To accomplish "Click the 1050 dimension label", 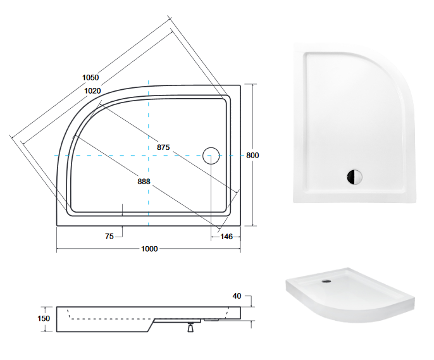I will (90, 77).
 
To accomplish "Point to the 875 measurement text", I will (163, 147).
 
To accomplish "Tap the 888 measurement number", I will (144, 181).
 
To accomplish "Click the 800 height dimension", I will (253, 155).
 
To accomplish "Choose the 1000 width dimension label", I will (149, 249).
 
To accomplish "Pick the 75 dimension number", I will (109, 236).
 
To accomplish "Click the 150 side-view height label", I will (43, 319).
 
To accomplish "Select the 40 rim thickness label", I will (237, 296).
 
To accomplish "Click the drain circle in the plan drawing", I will (211, 155).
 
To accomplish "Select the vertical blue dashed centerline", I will (148, 127).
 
